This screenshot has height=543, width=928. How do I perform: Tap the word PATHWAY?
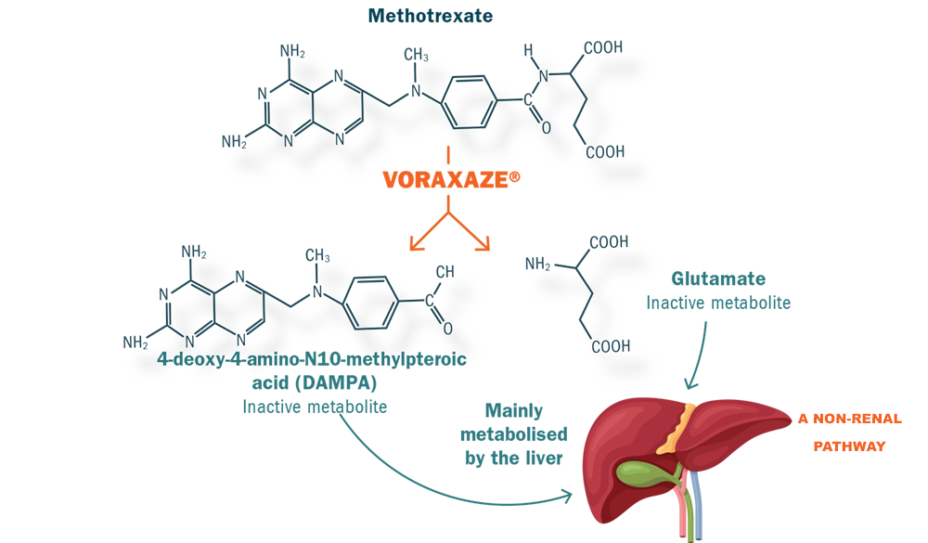click(849, 446)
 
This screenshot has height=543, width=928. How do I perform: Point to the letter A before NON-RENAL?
click(804, 420)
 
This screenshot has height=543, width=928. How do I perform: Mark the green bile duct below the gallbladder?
click(690, 506)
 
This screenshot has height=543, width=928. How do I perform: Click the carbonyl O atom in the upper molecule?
click(546, 127)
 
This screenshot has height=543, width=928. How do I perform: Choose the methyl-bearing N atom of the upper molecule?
click(416, 90)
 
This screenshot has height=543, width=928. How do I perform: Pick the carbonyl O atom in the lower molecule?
click(448, 328)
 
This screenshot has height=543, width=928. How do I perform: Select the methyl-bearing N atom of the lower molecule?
click(317, 291)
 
